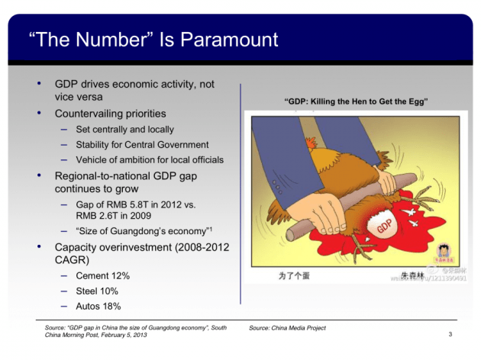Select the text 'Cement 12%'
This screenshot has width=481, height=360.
click(x=102, y=275)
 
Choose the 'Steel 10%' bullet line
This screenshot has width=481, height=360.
click(x=97, y=291)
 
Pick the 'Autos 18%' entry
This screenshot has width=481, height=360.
click(x=98, y=306)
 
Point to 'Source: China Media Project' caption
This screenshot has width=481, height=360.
click(x=287, y=328)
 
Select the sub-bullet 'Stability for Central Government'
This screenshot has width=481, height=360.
click(x=142, y=144)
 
